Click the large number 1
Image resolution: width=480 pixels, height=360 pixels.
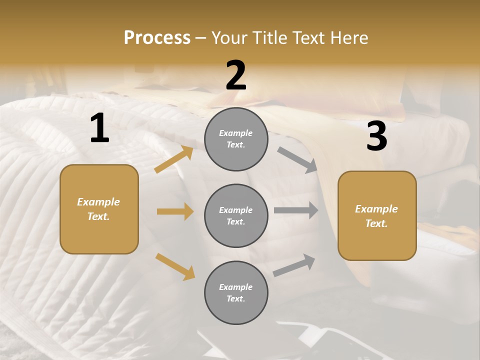[x=99, y=128]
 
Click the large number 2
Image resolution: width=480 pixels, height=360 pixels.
[x=236, y=75]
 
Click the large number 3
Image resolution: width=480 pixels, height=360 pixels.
[x=376, y=136]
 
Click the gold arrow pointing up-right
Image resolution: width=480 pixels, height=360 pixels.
[x=174, y=159]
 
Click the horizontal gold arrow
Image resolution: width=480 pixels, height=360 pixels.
[x=175, y=211]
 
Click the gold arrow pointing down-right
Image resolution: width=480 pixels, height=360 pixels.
[x=175, y=266]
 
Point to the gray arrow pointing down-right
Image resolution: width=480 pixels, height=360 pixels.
[x=297, y=160]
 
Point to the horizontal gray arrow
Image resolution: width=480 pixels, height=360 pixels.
[x=296, y=210]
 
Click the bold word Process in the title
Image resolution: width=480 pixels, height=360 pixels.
[x=157, y=37]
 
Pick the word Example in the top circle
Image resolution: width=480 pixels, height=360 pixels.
[x=236, y=133]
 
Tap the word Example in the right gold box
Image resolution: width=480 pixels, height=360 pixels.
[x=376, y=209]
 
